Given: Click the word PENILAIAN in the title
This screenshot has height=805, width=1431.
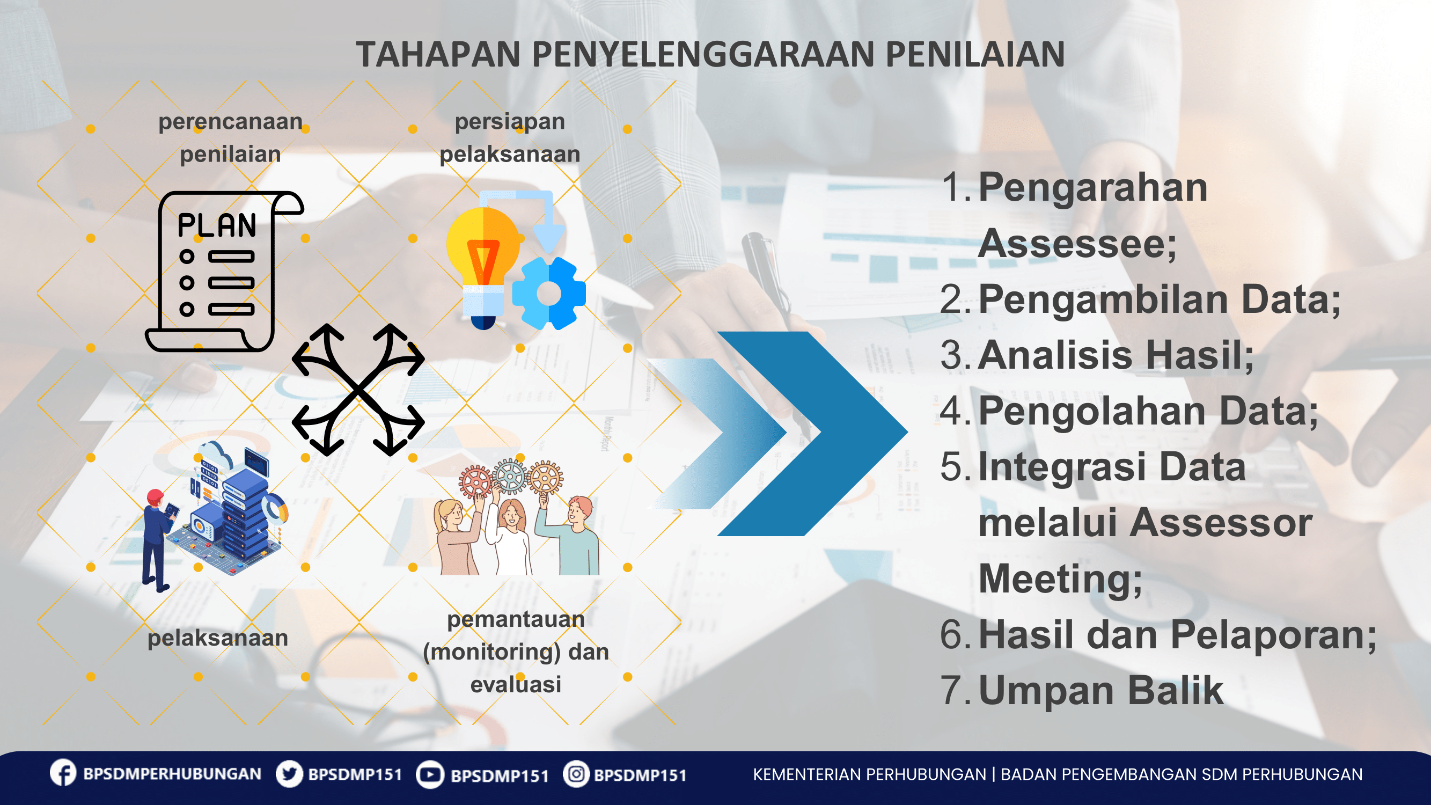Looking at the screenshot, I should (975, 54).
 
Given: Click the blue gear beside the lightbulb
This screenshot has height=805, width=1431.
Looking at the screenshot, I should (549, 294).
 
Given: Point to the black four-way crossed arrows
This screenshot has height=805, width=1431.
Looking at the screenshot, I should (358, 390).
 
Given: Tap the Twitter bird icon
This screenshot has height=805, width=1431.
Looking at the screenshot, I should (289, 774).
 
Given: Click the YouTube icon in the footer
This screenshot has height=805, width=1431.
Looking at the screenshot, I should (430, 774).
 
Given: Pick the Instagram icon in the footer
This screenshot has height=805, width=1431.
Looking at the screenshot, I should (576, 774).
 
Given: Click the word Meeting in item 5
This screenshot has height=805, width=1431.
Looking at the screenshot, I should (1060, 579).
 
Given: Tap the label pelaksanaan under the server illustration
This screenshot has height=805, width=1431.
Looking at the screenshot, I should (218, 638).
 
